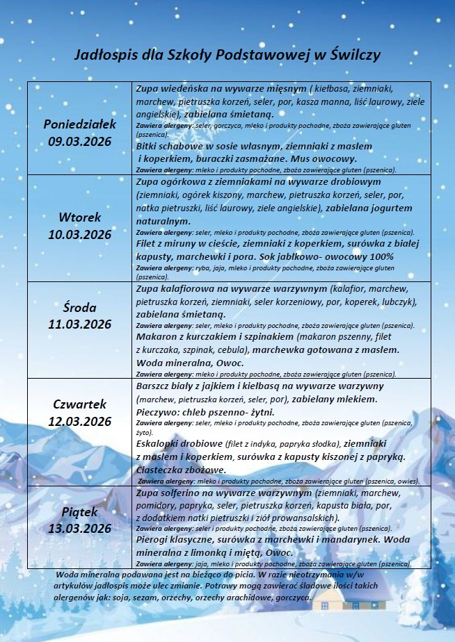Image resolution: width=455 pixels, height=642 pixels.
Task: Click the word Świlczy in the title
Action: point(351,56)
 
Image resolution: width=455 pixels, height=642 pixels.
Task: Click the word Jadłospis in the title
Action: point(104,56)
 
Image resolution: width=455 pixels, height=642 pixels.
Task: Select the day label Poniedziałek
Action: point(79,124)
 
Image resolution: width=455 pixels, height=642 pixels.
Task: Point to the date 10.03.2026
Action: point(79,234)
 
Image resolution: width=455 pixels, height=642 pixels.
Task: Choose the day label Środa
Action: point(79,307)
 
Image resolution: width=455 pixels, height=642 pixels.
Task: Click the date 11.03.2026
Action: point(79,324)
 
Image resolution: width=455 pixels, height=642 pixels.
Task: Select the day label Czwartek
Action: point(79,404)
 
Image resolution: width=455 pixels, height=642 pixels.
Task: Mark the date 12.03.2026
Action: point(79,422)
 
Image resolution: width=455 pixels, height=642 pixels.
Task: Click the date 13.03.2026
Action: point(79,529)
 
